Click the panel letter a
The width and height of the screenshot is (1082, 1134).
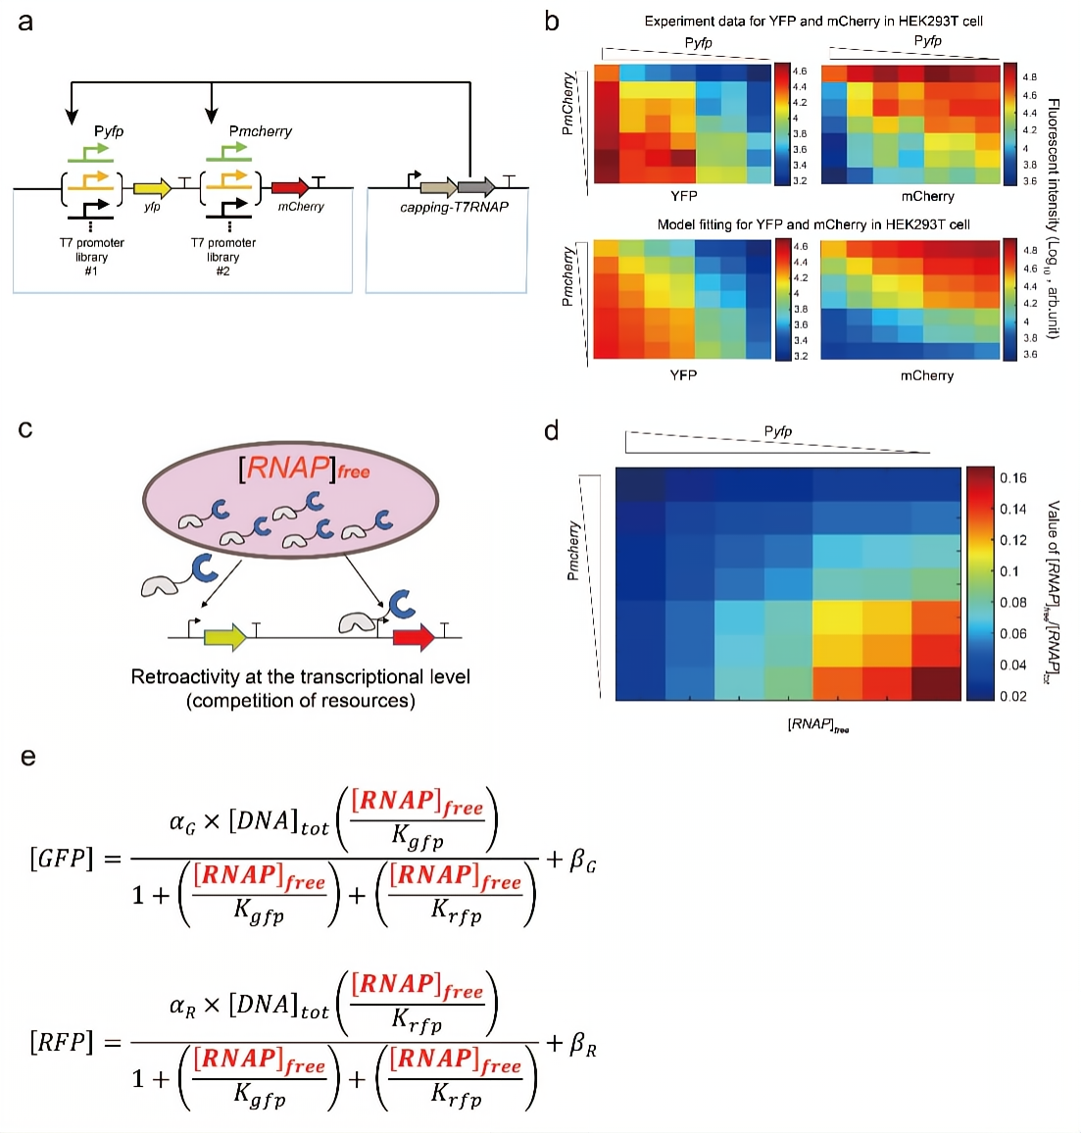click(25, 22)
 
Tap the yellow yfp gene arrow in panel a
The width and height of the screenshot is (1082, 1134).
click(152, 188)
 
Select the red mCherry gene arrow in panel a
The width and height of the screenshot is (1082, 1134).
click(290, 187)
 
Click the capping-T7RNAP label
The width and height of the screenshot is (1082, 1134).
click(454, 207)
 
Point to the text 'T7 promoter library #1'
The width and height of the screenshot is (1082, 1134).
click(92, 257)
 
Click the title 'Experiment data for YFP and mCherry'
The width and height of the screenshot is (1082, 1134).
click(813, 21)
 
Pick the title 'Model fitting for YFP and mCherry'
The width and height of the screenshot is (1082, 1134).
click(813, 224)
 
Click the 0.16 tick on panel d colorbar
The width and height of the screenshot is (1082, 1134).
click(1013, 478)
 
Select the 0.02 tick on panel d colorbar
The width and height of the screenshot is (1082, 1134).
click(1013, 696)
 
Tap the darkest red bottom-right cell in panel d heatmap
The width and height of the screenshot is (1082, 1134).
click(936, 683)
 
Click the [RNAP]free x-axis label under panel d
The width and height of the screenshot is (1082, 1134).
click(818, 725)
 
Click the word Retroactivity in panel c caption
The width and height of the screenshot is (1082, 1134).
click(183, 677)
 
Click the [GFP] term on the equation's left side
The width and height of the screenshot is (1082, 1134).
click(62, 859)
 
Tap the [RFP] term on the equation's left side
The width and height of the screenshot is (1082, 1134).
click(62, 1042)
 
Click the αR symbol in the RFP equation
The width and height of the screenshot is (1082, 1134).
click(182, 1005)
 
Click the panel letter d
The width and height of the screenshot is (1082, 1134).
click(552, 430)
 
